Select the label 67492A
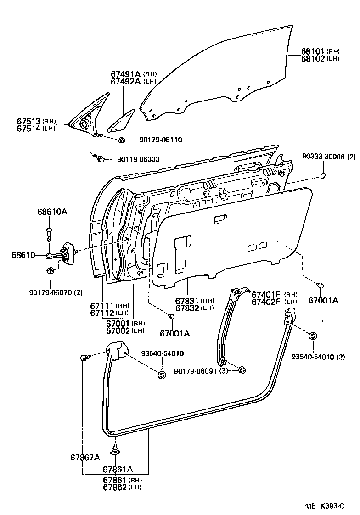click(125, 81)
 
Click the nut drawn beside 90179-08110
click(122, 140)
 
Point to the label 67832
click(187, 308)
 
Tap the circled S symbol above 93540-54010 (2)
click(313, 336)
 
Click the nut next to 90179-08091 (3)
click(242, 370)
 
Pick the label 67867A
click(85, 457)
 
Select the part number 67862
click(115, 487)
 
